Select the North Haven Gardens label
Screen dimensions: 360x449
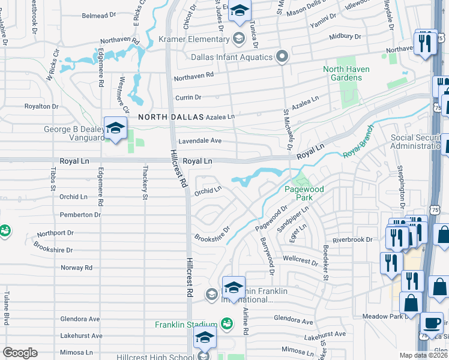coord(346,73)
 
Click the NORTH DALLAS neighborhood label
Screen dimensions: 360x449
coord(170,117)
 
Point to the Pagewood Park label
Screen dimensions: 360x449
coord(304,193)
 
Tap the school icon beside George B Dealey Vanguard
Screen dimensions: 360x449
coord(115,128)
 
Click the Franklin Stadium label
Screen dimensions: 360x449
coord(185,325)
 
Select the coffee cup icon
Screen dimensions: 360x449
coord(431,322)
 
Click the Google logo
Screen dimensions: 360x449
coord(20,353)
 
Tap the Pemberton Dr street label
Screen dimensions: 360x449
coord(80,215)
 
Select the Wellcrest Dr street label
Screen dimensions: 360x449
coord(300,261)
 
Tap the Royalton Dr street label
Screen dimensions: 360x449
coord(41,106)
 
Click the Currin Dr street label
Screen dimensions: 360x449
coord(188,97)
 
